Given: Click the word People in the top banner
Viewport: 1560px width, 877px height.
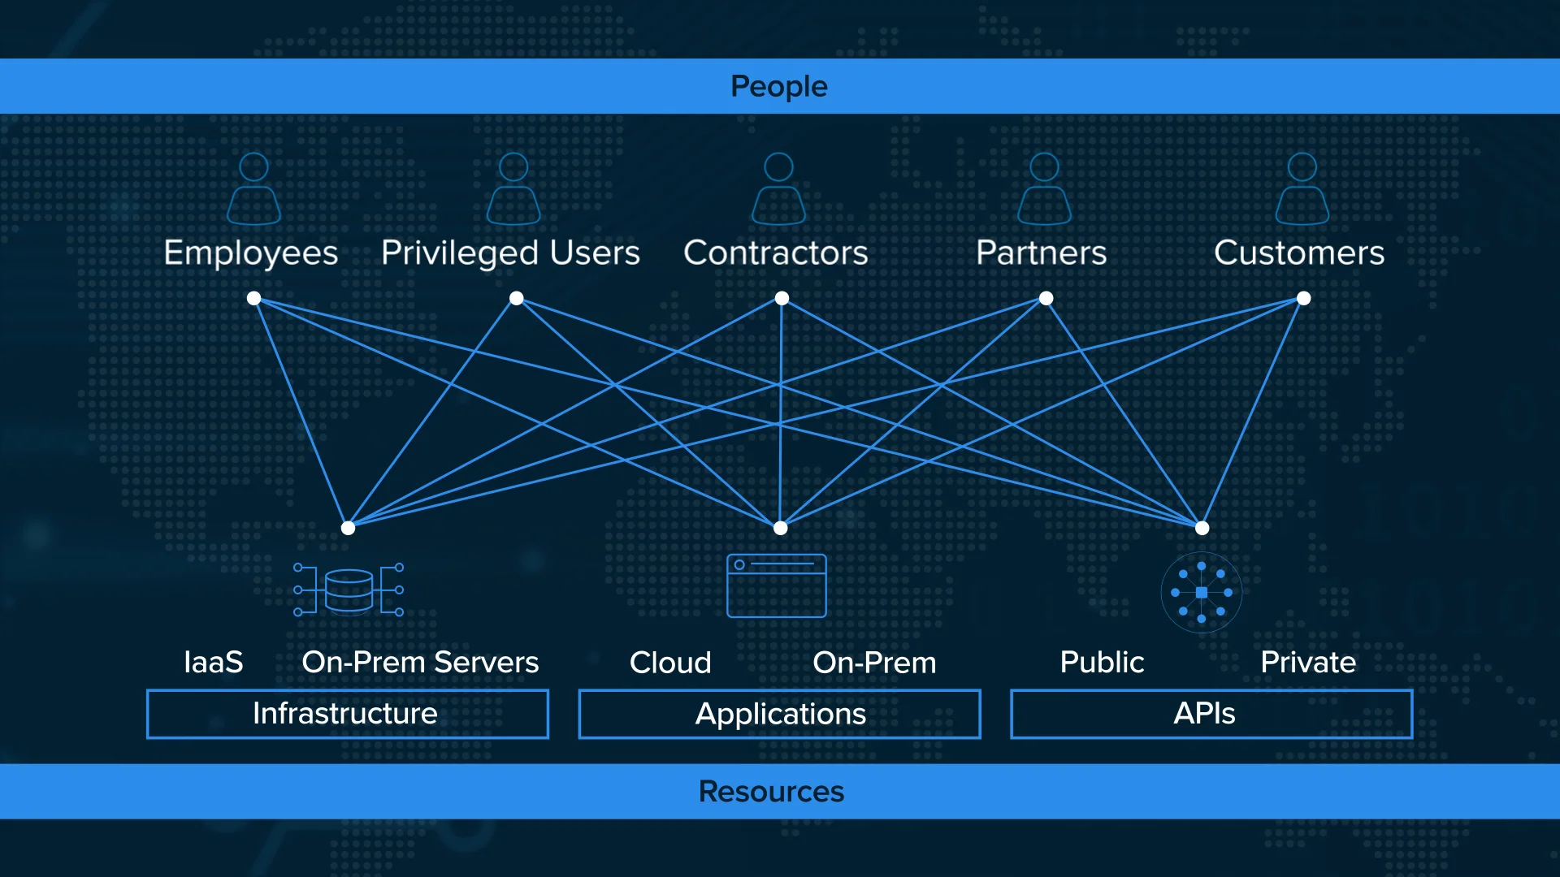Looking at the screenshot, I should pos(778,86).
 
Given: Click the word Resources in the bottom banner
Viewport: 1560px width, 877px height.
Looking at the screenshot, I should pos(771,791).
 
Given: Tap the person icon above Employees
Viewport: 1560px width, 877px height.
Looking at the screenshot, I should pos(253,188).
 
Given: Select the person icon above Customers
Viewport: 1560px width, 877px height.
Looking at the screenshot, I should pos(1302,188).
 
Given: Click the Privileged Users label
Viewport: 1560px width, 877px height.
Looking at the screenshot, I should pos(510,253).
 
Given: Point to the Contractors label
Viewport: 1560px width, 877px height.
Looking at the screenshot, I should pos(775,253).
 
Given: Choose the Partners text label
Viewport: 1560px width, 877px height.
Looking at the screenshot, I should pos(1041,253).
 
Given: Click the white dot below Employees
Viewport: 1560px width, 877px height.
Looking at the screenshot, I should pos(253,298).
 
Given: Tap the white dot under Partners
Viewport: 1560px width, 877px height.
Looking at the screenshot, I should pos(1046,298).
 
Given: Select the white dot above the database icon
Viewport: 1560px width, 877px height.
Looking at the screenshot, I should pos(348,528).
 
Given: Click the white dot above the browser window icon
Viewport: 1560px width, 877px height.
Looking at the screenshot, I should pos(780,528).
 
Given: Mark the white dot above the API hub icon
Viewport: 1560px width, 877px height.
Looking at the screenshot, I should pos(1202,528).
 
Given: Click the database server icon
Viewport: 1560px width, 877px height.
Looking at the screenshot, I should pos(349,590).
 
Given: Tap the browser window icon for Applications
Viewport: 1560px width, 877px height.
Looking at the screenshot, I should pos(776,585).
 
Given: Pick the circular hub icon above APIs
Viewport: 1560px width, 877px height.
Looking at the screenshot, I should pos(1201,592).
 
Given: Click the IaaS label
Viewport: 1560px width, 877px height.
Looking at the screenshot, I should pos(213,662).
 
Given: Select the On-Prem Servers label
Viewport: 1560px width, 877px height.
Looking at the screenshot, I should pos(420,662).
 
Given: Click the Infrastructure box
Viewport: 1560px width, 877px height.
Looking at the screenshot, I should pos(347,714).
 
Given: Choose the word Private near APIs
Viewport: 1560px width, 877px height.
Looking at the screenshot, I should pos(1307,662).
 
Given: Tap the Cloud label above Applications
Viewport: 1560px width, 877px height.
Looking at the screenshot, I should pos(670,662).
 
